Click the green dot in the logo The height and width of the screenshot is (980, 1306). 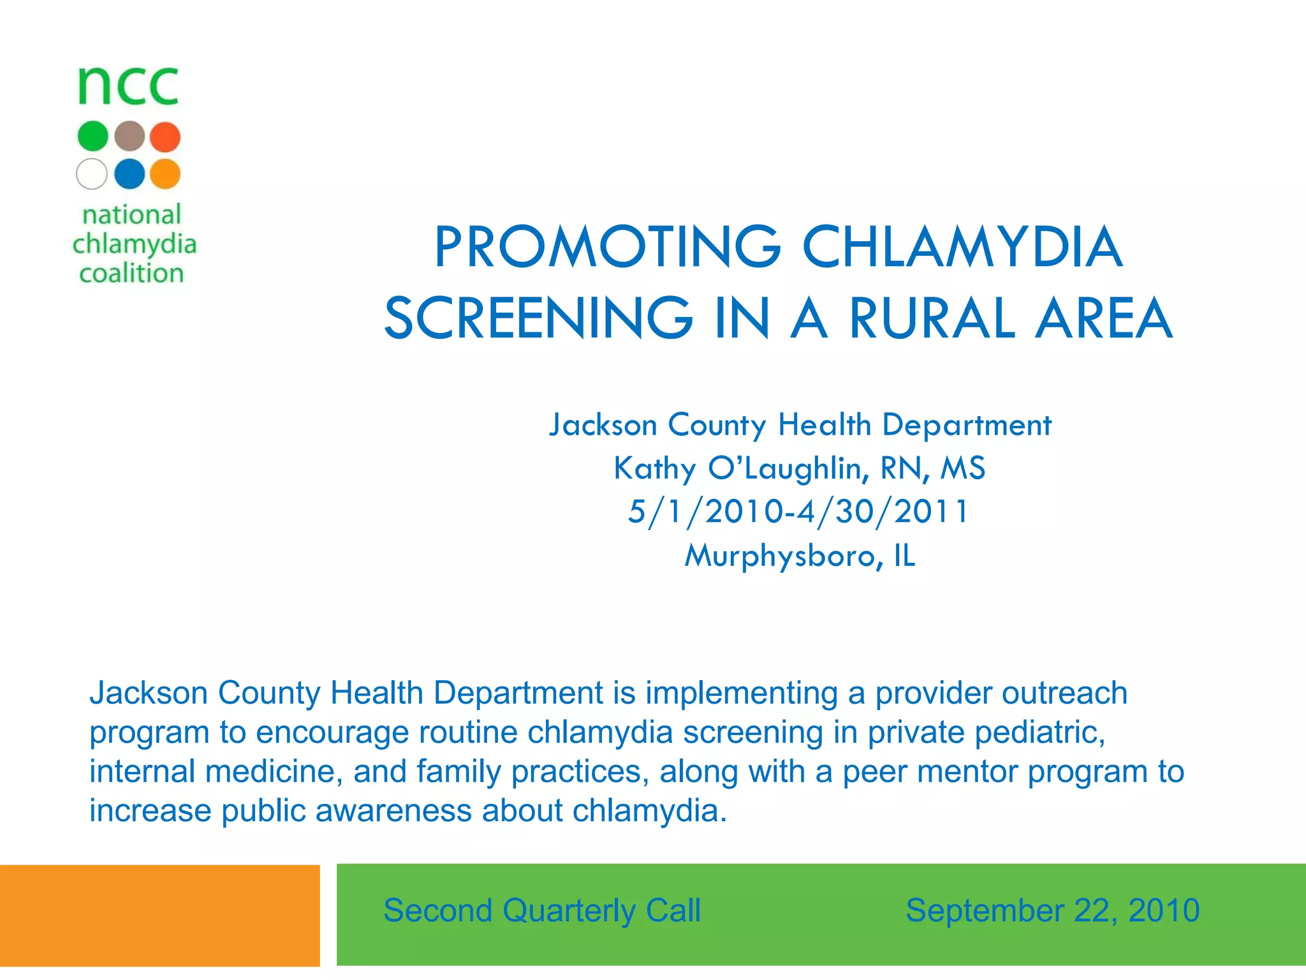pyautogui.click(x=93, y=137)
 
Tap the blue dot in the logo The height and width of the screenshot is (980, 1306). pyautogui.click(x=129, y=174)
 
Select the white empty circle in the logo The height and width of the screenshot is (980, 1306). pyautogui.click(x=92, y=174)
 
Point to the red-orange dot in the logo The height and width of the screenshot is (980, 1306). pyautogui.click(x=166, y=137)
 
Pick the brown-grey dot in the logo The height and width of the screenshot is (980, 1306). pyautogui.click(x=129, y=137)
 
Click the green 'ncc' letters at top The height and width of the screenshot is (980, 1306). pyautogui.click(x=128, y=86)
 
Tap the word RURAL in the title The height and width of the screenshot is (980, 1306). pyautogui.click(x=932, y=318)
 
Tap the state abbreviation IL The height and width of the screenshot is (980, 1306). pyautogui.click(x=905, y=556)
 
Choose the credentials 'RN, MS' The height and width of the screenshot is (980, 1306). pyautogui.click(x=933, y=468)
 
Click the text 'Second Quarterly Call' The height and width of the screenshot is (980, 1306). pyautogui.click(x=542, y=910)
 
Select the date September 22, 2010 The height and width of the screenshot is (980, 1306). pyautogui.click(x=1052, y=910)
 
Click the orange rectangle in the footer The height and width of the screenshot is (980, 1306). pyautogui.click(x=159, y=916)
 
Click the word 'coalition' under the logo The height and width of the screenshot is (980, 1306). pyautogui.click(x=131, y=273)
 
